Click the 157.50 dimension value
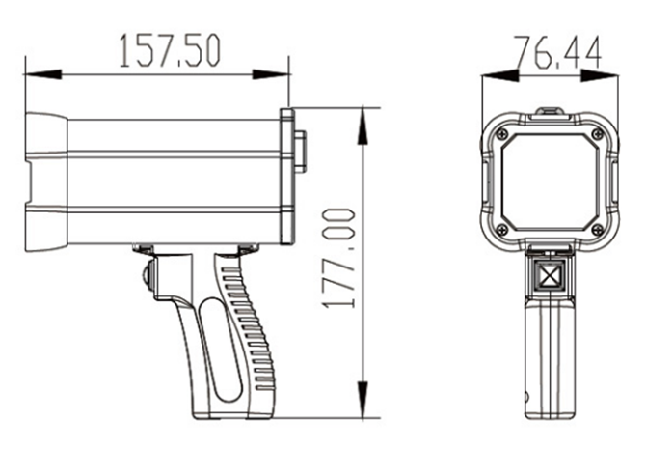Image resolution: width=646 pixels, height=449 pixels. tap(169, 51)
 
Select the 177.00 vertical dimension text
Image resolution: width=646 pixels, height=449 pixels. tap(339, 258)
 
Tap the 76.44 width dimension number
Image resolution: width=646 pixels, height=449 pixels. tap(556, 52)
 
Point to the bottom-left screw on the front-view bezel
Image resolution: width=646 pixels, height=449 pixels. tap(502, 229)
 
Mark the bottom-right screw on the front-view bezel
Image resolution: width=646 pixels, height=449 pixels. tap(597, 229)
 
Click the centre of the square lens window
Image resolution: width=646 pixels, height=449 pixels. tap(550, 181)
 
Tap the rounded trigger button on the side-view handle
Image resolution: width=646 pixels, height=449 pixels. tap(146, 274)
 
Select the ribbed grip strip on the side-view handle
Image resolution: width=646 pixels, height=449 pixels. tap(249, 328)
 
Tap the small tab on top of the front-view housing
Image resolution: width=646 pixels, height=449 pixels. tap(550, 112)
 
